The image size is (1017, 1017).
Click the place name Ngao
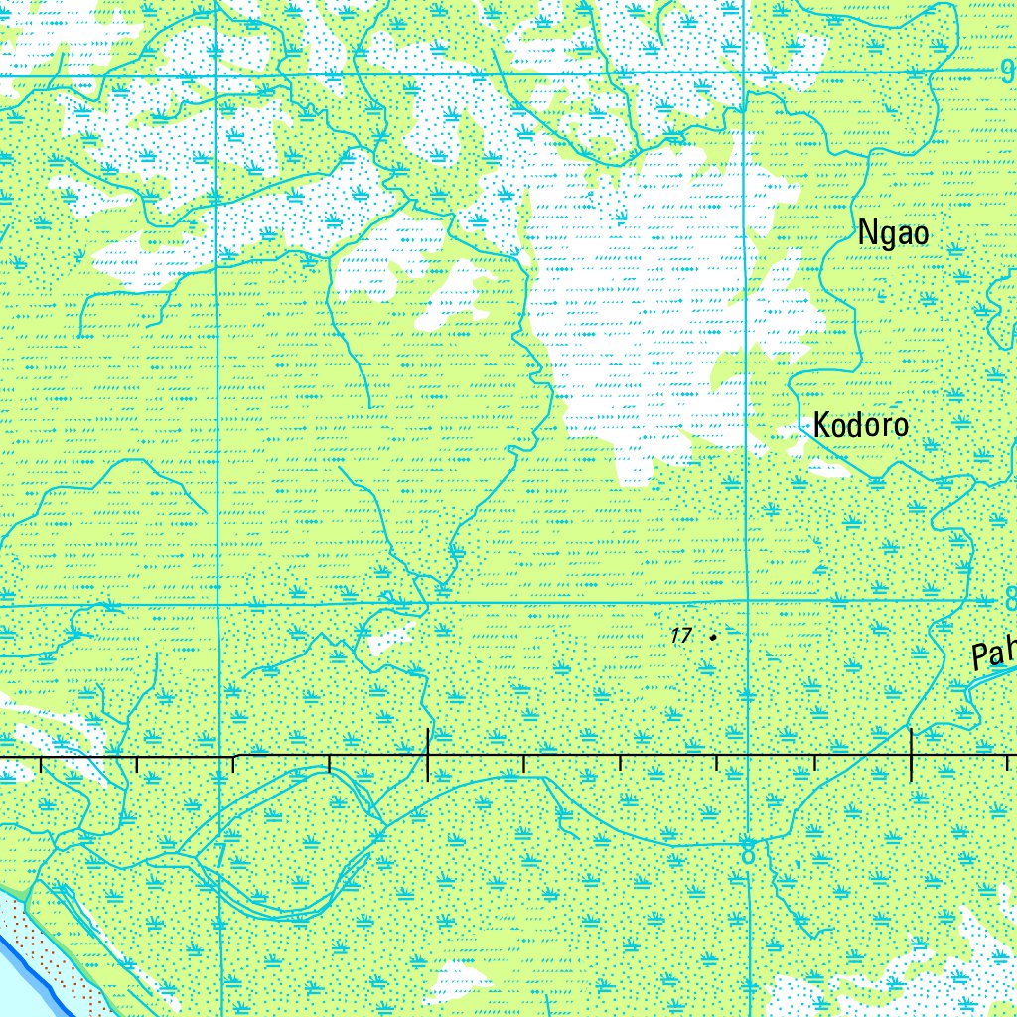(894, 233)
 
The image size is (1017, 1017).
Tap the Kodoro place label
(860, 425)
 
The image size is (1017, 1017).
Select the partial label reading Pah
(993, 654)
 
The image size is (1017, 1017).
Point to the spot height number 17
(680, 636)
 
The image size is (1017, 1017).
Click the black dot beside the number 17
(713, 635)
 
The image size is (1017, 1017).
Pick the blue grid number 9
(1007, 71)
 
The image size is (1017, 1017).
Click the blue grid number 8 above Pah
(1009, 600)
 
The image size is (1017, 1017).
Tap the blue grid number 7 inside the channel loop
(219, 854)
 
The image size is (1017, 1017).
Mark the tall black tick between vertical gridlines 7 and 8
(427, 754)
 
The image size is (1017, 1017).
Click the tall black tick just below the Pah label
(911, 754)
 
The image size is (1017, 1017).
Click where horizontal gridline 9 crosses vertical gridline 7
(218, 74)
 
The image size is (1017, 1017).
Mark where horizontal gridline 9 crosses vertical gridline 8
(746, 72)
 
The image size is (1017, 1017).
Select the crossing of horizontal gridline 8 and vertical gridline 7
(218, 604)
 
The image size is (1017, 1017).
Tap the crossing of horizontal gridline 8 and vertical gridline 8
(747, 601)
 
